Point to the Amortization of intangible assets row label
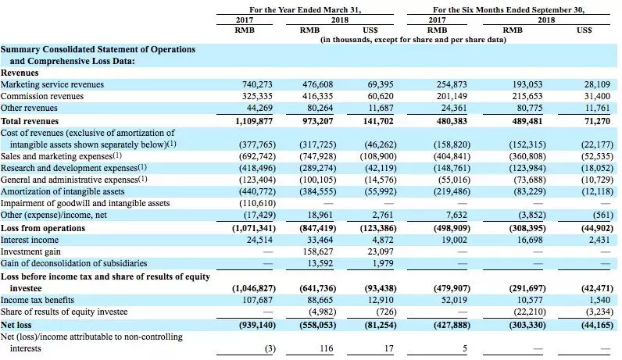(x=62, y=191)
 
